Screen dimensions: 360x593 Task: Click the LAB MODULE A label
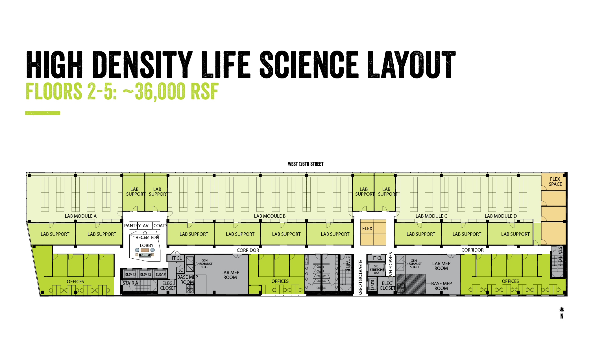point(80,216)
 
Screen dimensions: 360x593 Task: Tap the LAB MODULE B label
point(270,216)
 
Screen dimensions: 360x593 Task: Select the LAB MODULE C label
point(431,216)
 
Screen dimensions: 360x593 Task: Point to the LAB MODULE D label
point(501,216)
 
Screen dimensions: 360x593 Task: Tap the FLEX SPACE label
point(555,182)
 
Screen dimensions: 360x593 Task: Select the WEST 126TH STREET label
point(306,164)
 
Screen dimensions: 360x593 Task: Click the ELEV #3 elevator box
point(130,274)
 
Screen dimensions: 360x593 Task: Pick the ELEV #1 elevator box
point(161,274)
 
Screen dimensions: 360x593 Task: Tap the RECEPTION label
point(147,238)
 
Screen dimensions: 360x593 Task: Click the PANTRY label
point(132,226)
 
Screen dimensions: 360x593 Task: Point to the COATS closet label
point(160,226)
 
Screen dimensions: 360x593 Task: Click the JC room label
point(181,270)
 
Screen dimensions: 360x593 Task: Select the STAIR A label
point(130,283)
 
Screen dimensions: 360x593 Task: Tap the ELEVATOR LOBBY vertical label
point(360,277)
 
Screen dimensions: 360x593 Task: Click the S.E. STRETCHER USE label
point(377,270)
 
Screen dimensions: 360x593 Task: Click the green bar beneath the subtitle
point(43,113)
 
